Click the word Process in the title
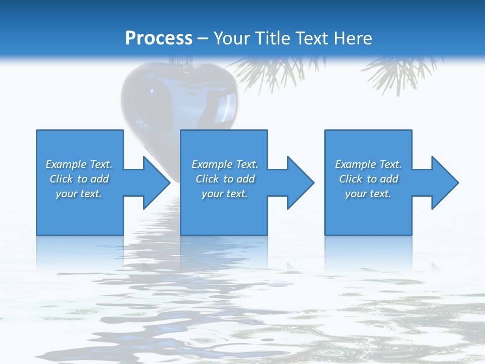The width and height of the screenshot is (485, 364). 159,38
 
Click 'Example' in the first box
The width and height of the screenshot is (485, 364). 66,164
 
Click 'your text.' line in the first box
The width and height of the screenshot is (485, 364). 79,194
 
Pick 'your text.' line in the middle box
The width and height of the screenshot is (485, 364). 225,194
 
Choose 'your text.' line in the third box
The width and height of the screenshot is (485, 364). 368,194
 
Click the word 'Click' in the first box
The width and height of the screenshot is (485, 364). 61,179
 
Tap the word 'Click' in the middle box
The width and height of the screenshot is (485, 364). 207,179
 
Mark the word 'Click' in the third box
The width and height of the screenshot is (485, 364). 351,179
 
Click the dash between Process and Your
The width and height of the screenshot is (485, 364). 203,38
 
